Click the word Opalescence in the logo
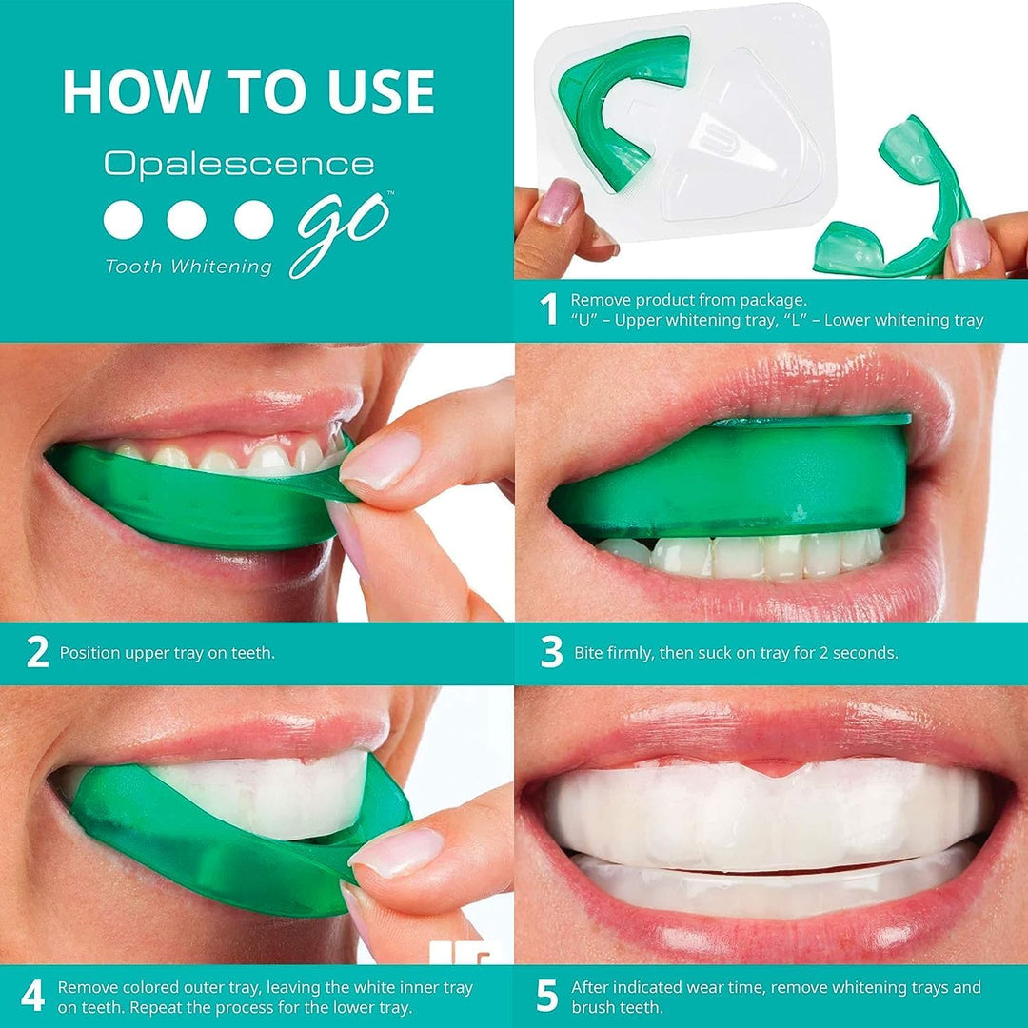click(239, 164)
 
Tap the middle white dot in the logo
click(187, 220)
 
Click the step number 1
click(548, 309)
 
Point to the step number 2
click(37, 653)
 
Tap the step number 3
click(551, 653)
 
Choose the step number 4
click(32, 996)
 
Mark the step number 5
click(546, 996)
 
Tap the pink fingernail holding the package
click(558, 202)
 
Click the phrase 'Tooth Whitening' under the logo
click(188, 267)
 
